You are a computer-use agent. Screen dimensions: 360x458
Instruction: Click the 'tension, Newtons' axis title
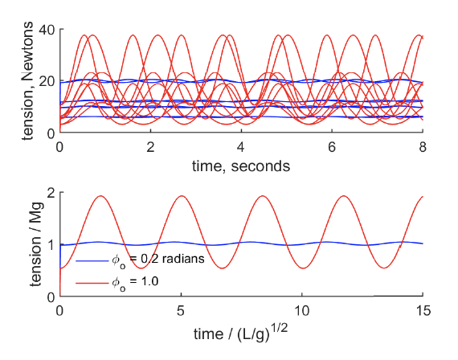(28, 81)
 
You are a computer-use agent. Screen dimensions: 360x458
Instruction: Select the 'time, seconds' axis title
(241, 166)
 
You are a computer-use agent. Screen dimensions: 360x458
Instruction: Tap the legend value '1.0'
(145, 282)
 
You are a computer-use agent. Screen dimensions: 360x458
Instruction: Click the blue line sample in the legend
(90, 261)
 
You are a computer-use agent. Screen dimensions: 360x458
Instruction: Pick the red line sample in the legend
(90, 282)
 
